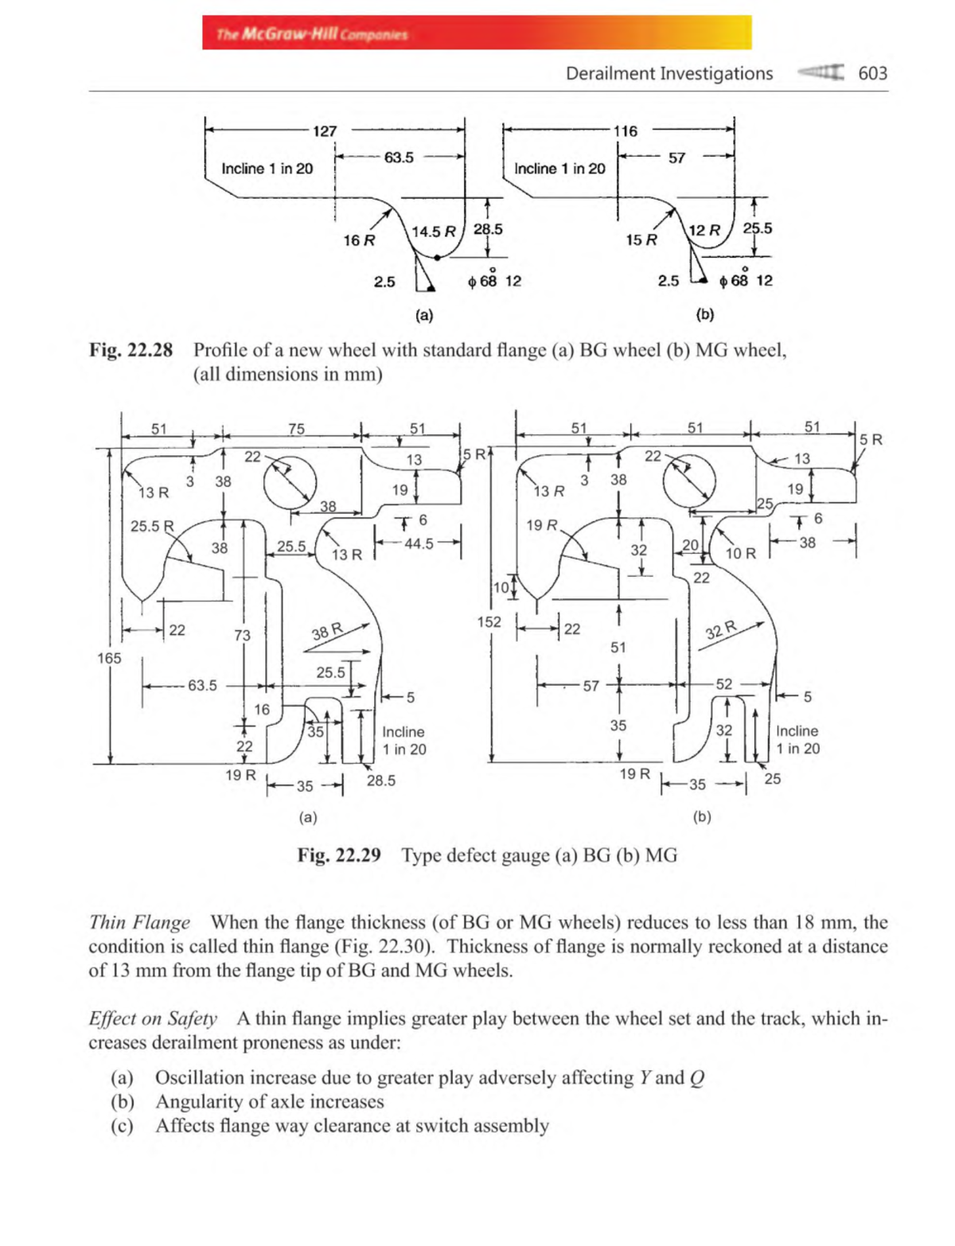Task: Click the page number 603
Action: tap(872, 73)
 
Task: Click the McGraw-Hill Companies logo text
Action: tap(312, 34)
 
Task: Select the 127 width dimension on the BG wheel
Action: tap(325, 130)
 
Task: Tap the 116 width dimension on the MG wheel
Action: tap(625, 130)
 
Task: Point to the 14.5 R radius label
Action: tap(434, 232)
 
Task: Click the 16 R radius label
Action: tap(359, 240)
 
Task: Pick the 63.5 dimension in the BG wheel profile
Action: tap(399, 158)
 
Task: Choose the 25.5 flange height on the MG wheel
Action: tap(757, 228)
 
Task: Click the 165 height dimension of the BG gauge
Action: tap(109, 658)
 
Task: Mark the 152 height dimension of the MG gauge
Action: tap(489, 621)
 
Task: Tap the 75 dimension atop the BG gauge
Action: tap(296, 429)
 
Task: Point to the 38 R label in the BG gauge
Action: tap(327, 633)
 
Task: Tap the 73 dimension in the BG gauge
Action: tap(242, 635)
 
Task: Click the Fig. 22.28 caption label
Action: tap(131, 350)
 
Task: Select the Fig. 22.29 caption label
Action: tap(339, 855)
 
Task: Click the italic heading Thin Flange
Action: tap(139, 922)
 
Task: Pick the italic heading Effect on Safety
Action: tap(153, 1018)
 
